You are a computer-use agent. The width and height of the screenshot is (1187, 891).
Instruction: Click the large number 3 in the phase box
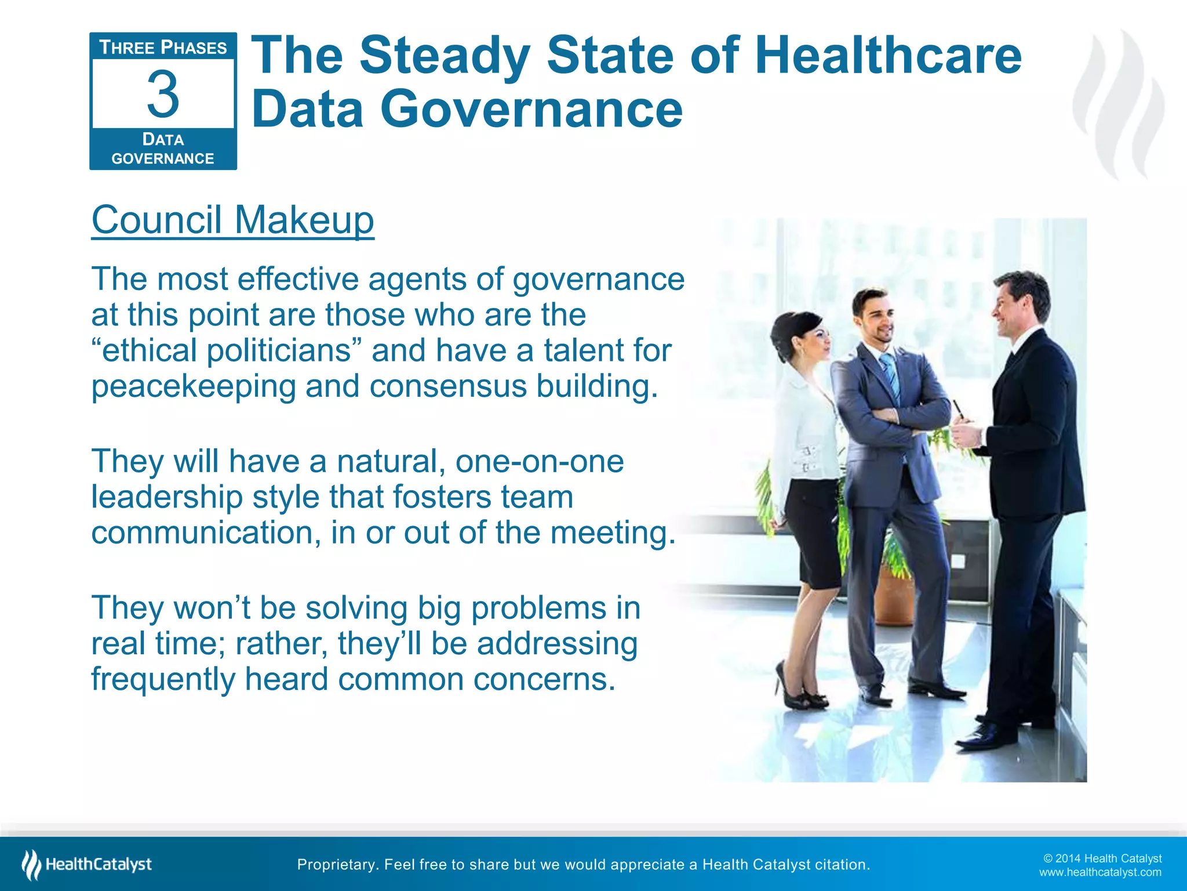[x=163, y=94]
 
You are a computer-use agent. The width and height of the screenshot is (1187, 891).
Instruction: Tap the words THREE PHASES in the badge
[x=163, y=48]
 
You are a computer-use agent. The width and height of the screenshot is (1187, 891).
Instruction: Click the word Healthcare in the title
[x=888, y=56]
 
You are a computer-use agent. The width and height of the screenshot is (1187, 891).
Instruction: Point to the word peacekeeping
[x=194, y=386]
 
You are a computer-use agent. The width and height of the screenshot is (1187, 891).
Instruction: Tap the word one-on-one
[x=540, y=461]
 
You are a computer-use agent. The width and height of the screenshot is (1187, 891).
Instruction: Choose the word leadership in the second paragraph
[x=167, y=497]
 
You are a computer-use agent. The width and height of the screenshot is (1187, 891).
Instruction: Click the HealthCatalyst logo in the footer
[x=87, y=864]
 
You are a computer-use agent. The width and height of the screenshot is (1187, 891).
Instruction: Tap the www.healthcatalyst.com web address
[x=1099, y=872]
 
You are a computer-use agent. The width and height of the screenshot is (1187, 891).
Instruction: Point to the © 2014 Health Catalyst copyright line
[x=1102, y=859]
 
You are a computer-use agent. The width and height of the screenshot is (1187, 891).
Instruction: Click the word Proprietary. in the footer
[x=337, y=865]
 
